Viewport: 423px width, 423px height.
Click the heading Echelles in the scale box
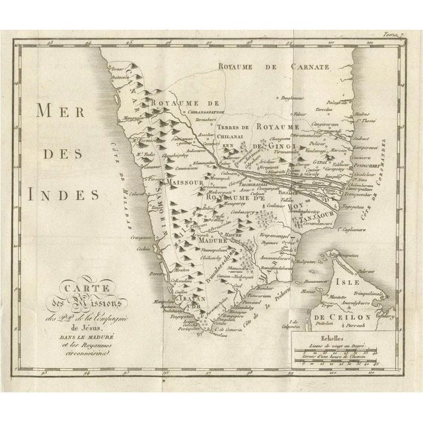click(334, 336)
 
